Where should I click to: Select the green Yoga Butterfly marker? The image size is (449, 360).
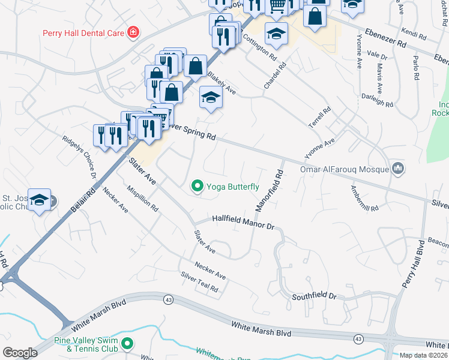(x=197, y=187)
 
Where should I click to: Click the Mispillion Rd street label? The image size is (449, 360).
(x=142, y=199)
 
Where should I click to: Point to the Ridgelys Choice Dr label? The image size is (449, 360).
(x=80, y=157)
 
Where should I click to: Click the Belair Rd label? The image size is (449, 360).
(x=82, y=203)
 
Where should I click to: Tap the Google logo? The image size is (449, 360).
(x=20, y=353)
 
